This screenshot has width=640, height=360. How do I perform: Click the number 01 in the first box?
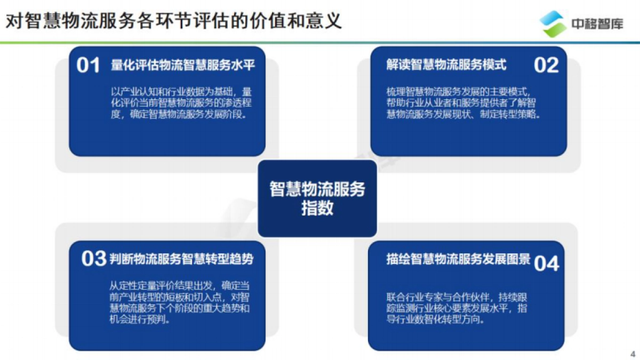(x=89, y=66)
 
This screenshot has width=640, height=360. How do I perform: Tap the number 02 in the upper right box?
(x=546, y=65)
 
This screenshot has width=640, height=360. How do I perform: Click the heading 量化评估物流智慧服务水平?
(x=183, y=66)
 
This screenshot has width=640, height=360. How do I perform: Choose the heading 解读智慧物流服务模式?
(x=446, y=65)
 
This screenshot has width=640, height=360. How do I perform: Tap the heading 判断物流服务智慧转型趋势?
(x=181, y=259)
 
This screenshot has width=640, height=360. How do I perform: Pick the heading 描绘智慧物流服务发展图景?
(x=458, y=259)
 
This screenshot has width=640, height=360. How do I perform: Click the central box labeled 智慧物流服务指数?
(x=317, y=198)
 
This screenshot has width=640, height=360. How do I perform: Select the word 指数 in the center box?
(x=317, y=209)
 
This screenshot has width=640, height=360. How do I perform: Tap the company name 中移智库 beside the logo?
(x=597, y=25)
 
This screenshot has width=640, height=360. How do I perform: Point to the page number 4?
(x=633, y=354)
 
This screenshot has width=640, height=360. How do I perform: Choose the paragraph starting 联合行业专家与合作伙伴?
(x=457, y=308)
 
